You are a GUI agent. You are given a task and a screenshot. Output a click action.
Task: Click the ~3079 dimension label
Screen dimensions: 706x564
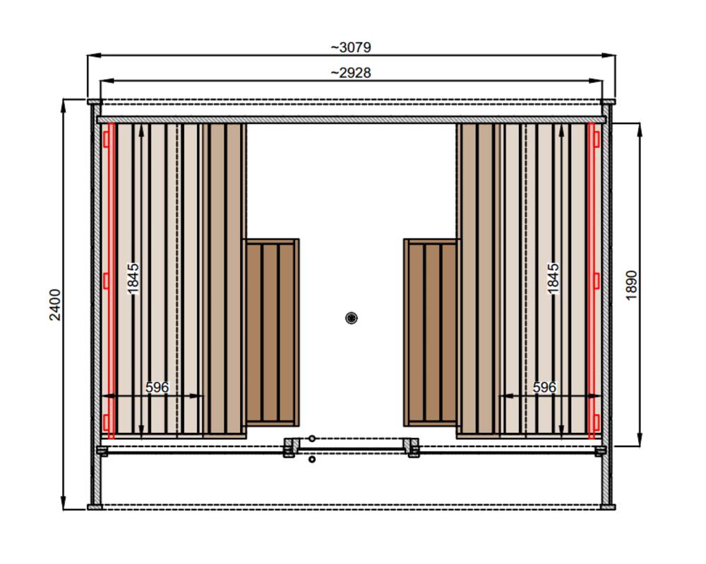point(351,47)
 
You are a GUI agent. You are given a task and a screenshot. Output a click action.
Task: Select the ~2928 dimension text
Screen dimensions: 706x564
point(351,73)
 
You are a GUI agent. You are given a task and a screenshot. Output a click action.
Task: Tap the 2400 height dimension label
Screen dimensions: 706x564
point(55,305)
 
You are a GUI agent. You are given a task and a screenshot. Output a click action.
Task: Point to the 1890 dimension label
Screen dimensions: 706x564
point(631,285)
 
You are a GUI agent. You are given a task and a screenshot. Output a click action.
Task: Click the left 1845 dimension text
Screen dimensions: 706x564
point(133,279)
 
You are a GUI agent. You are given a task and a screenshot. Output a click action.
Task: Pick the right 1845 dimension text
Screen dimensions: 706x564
point(553,279)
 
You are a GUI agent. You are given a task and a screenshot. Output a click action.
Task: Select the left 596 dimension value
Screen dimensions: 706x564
point(157,387)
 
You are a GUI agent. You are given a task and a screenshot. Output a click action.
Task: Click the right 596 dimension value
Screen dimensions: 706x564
point(544,387)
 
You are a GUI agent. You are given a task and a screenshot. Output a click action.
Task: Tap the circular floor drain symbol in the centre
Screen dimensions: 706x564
point(351,318)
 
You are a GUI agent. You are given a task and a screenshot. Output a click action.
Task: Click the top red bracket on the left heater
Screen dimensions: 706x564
point(106,139)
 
